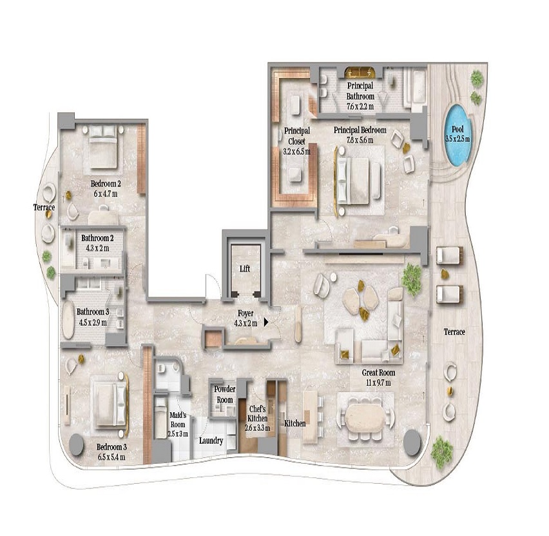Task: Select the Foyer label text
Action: coord(246,313)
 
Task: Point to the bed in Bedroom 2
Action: coord(102,147)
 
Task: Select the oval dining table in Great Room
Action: coord(365,417)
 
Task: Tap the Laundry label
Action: coord(211,441)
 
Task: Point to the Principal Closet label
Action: coord(297,141)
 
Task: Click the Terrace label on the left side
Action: coord(44,207)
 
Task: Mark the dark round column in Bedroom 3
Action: coord(77,444)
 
